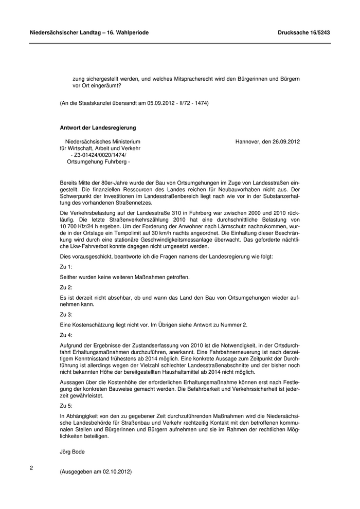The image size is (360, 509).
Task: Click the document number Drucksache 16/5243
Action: (x=303, y=32)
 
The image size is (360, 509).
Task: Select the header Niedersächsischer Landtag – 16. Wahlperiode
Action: (x=89, y=32)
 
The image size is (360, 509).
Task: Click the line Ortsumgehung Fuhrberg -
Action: (x=99, y=161)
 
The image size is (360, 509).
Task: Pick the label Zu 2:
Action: (x=66, y=287)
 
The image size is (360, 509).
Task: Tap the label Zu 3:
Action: (x=66, y=314)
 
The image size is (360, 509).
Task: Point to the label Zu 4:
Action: (x=66, y=335)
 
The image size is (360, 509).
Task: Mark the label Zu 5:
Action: (x=66, y=405)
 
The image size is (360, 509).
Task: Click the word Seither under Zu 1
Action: (x=70, y=277)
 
